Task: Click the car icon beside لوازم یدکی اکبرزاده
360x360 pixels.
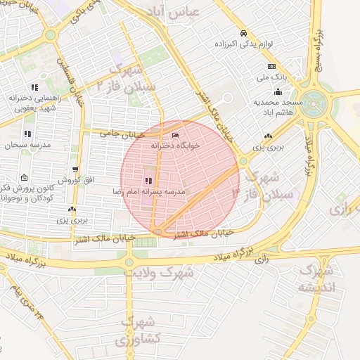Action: [243, 33]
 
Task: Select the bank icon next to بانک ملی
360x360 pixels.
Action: [271, 66]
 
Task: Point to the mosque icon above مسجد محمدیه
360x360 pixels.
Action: [278, 91]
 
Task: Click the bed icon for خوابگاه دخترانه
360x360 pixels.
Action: [175, 135]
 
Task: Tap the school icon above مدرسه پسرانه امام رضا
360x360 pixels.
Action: [148, 181]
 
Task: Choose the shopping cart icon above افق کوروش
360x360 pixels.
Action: [75, 169]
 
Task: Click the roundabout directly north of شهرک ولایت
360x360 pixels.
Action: [129, 262]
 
